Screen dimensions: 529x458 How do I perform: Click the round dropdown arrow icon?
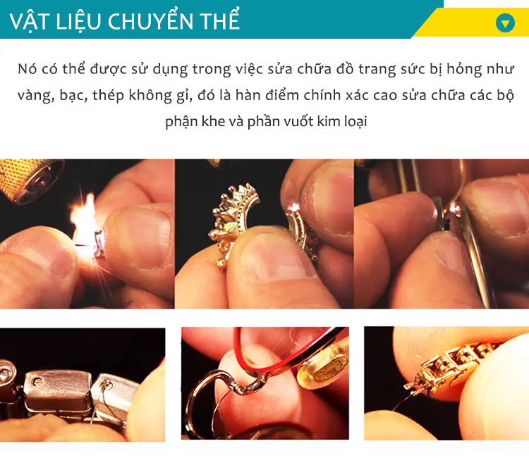505,23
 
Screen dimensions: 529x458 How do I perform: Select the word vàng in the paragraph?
36,96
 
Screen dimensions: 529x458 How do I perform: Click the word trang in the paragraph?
377,70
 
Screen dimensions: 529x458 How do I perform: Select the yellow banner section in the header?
470,23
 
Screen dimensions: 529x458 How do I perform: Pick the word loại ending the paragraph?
355,121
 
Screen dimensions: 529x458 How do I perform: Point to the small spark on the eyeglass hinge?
454,209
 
